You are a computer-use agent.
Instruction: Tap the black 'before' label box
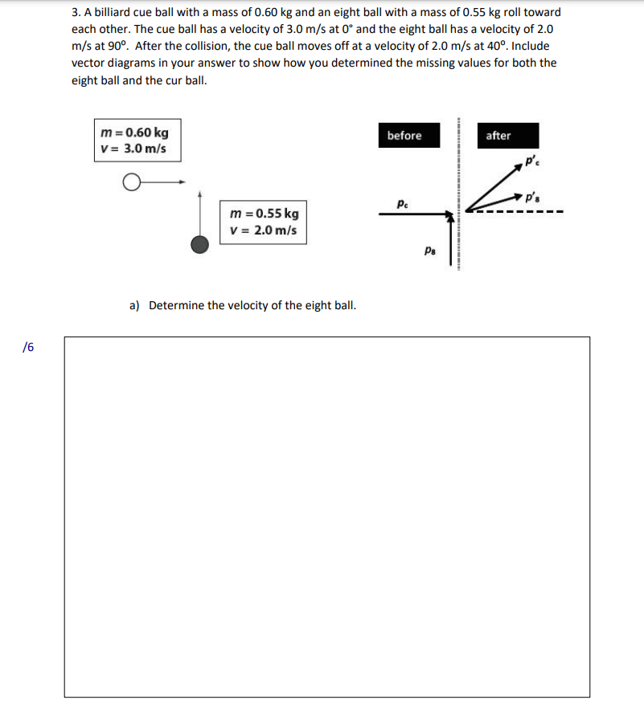[x=404, y=136]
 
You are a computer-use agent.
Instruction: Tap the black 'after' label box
[x=498, y=136]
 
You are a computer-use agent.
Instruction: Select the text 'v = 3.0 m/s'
[x=134, y=149]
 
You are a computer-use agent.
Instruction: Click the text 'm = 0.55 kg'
[x=264, y=214]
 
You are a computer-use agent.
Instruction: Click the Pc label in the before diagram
[x=402, y=205]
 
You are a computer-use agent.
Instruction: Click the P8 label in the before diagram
[x=430, y=251]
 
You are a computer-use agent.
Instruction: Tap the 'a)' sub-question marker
[x=135, y=305]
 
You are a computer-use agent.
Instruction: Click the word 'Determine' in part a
[x=177, y=305]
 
